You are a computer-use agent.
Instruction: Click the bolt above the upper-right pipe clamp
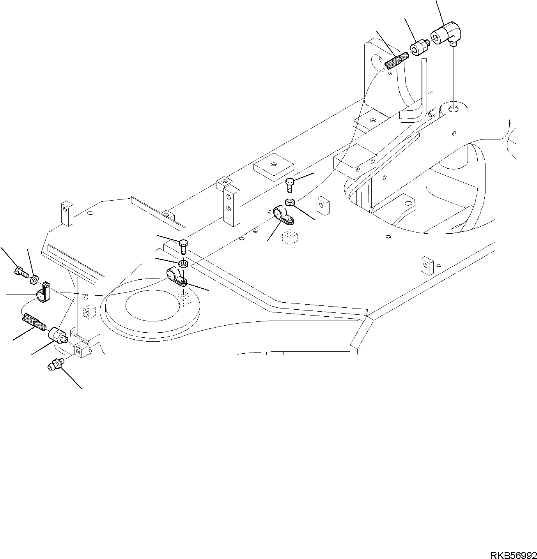290,184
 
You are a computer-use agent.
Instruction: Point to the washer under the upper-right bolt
290,202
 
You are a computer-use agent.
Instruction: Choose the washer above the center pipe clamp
184,264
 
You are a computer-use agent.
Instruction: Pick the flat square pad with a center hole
274,166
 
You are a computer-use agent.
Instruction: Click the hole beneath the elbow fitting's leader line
453,108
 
